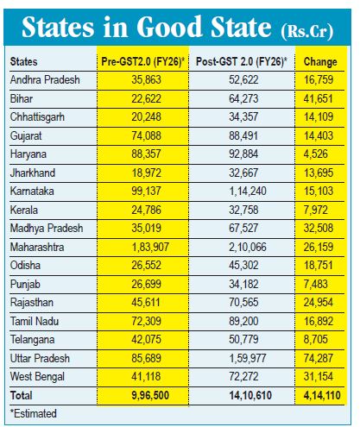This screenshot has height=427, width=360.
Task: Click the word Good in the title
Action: [169, 27]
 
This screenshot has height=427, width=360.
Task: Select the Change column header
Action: [320, 62]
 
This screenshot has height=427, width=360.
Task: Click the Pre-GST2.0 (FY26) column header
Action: [142, 61]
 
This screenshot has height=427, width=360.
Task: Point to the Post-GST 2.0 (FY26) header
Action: [242, 61]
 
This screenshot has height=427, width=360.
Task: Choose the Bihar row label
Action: [22, 98]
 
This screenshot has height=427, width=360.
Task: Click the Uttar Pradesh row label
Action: [40, 358]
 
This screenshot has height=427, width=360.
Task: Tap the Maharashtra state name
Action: [37, 247]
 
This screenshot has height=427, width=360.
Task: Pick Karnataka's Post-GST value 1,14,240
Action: [248, 191]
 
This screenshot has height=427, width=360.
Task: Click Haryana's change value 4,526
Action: [315, 154]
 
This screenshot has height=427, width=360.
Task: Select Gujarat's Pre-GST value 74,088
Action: [146, 135]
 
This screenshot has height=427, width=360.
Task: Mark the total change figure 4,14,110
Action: [322, 395]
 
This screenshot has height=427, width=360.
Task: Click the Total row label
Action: [21, 395]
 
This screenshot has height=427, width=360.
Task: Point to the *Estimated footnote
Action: [34, 413]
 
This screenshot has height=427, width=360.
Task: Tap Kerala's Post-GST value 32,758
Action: [243, 210]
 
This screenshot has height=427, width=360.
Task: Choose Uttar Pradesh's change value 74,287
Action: [319, 358]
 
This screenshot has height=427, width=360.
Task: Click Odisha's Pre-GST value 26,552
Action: [146, 265]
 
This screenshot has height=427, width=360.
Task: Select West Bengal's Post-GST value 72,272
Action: [243, 376]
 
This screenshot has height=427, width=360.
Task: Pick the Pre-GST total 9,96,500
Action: [150, 395]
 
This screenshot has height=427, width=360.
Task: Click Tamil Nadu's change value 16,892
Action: [319, 321]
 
